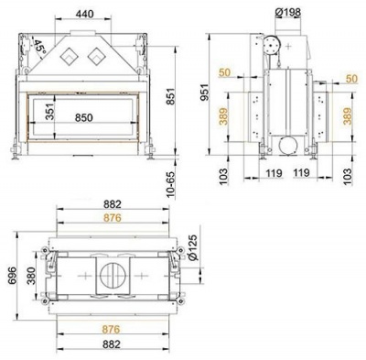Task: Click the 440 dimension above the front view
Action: point(85,15)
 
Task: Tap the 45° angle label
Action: point(39,45)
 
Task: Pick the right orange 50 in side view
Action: point(352,79)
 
